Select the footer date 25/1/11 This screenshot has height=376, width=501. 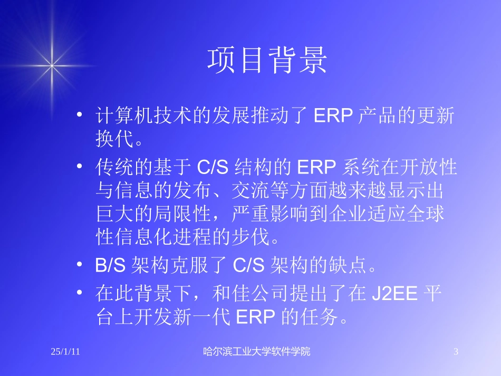pos(65,352)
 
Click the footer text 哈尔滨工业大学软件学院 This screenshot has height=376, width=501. pos(257,352)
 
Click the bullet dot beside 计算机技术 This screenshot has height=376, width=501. pos(79,115)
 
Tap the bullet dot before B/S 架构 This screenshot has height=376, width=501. pos(79,265)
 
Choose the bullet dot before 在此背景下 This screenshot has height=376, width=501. pos(79,292)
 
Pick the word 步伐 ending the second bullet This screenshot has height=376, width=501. pos(254,238)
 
